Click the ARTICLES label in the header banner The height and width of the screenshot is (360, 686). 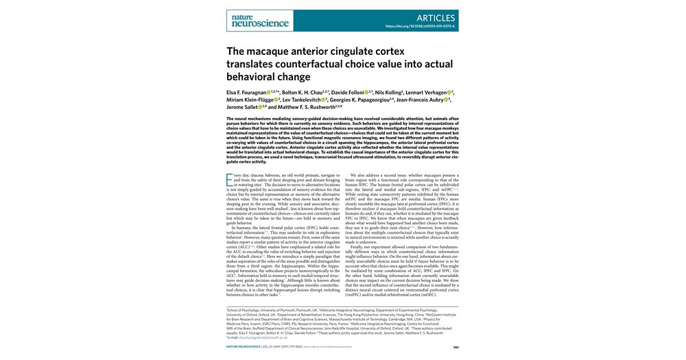click(436, 18)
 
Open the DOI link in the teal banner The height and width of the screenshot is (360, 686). click(421, 27)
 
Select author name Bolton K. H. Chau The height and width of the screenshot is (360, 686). click(303, 92)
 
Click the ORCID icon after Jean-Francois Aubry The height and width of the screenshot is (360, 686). click(447, 99)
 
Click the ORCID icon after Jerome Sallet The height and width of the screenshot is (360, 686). click(259, 107)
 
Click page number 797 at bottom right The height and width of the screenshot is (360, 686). click(456, 347)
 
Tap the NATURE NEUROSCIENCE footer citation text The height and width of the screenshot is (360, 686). click(250, 347)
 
